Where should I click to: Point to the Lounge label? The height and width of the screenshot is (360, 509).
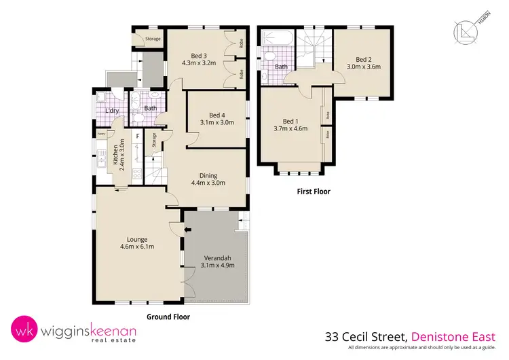[x=137, y=238]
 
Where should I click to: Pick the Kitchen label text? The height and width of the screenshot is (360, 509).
[x=117, y=156]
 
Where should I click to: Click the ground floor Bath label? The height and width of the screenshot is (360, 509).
[x=150, y=108]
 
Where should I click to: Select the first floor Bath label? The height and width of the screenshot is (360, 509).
[x=281, y=67]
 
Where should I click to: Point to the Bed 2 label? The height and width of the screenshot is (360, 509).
[x=364, y=58]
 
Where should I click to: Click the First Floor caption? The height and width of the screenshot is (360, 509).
[x=314, y=192]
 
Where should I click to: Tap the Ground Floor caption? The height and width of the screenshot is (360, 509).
[x=168, y=317]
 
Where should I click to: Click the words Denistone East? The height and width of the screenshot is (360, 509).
[x=459, y=336]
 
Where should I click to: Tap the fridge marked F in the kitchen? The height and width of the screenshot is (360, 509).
[x=138, y=135]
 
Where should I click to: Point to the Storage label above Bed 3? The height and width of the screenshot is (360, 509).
[x=153, y=39]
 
